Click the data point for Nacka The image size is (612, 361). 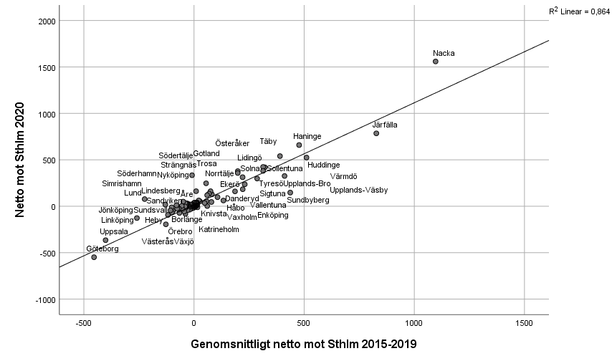coord(435,62)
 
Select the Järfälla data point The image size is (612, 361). coord(376,133)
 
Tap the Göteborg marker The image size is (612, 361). coord(94,257)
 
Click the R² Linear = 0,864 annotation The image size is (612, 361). coord(578,11)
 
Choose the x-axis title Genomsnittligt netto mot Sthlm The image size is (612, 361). coord(303,345)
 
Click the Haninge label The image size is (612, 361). coord(307,136)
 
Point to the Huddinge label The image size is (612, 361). coord(324,165)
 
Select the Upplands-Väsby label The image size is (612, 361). coord(359,190)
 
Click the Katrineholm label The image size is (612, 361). coord(219,229)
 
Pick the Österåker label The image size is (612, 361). coord(232,144)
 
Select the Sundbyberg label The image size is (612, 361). coord(308,201)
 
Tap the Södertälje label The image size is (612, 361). coord(176,156)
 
